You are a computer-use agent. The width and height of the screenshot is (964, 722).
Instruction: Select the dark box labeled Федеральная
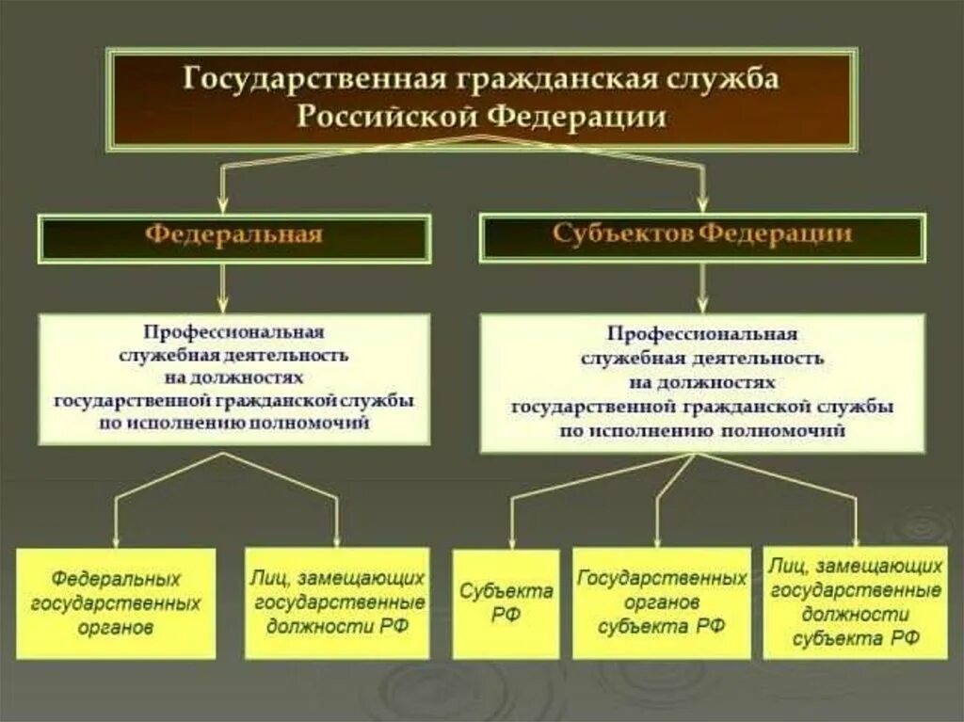tap(233, 236)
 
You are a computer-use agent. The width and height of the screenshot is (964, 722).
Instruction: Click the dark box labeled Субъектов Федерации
tap(703, 234)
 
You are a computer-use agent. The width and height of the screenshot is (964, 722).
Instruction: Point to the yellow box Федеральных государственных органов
tap(116, 602)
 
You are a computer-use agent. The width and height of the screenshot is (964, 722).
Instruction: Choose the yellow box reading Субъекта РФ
tap(506, 603)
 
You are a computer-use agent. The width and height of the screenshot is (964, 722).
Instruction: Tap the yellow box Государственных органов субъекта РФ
tap(662, 602)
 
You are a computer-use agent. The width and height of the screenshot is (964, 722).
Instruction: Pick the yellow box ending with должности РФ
tap(337, 602)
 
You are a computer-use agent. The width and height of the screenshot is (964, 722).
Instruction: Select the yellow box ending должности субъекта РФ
tap(855, 602)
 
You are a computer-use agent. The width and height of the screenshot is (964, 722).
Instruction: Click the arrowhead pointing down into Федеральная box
tap(222, 203)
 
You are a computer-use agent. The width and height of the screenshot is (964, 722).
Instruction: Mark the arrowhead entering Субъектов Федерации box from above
tap(703, 201)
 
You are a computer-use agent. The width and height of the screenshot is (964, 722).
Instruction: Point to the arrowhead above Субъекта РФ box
tap(512, 540)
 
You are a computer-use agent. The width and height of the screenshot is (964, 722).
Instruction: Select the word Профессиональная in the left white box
tap(233, 332)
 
